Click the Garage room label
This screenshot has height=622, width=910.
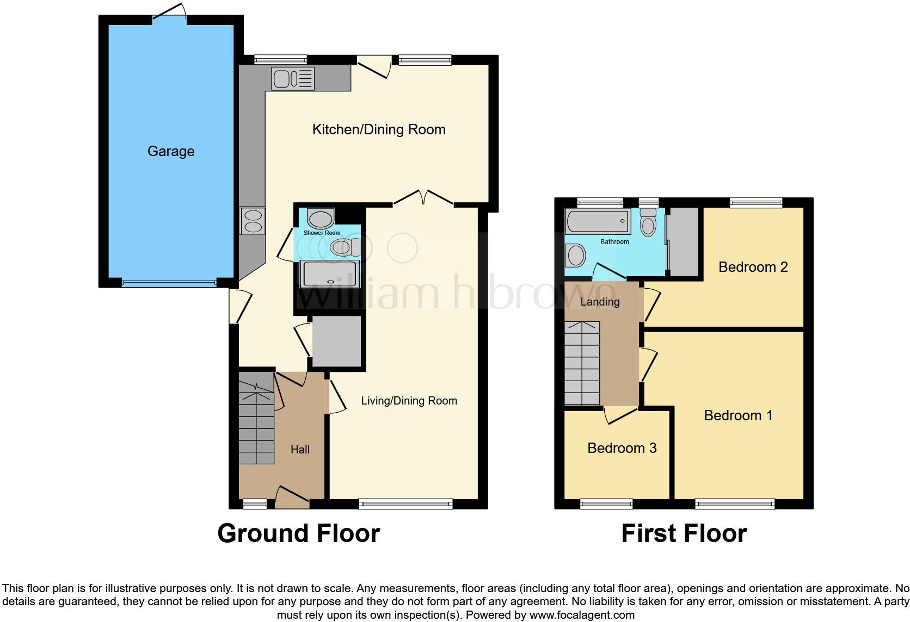click(170, 151)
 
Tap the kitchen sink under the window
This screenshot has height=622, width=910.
click(293, 79)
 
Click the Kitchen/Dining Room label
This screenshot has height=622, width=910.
click(379, 129)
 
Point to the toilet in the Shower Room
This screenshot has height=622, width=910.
click(345, 248)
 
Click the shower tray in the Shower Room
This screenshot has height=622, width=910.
click(329, 273)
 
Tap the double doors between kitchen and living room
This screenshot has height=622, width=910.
click(423, 199)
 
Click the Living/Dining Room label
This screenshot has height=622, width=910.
click(409, 401)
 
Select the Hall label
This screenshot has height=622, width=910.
click(300, 450)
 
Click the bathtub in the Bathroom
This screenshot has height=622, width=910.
click(598, 222)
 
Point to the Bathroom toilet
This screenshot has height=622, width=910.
click(648, 223)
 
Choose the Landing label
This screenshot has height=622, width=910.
click(600, 302)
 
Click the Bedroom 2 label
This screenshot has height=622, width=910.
click(753, 267)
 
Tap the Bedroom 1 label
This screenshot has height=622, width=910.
click(738, 415)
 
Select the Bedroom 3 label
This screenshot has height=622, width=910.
click(622, 448)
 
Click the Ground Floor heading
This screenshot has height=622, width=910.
click(298, 533)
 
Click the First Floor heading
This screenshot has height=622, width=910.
click(684, 533)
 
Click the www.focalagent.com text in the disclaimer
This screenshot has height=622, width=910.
click(581, 615)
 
